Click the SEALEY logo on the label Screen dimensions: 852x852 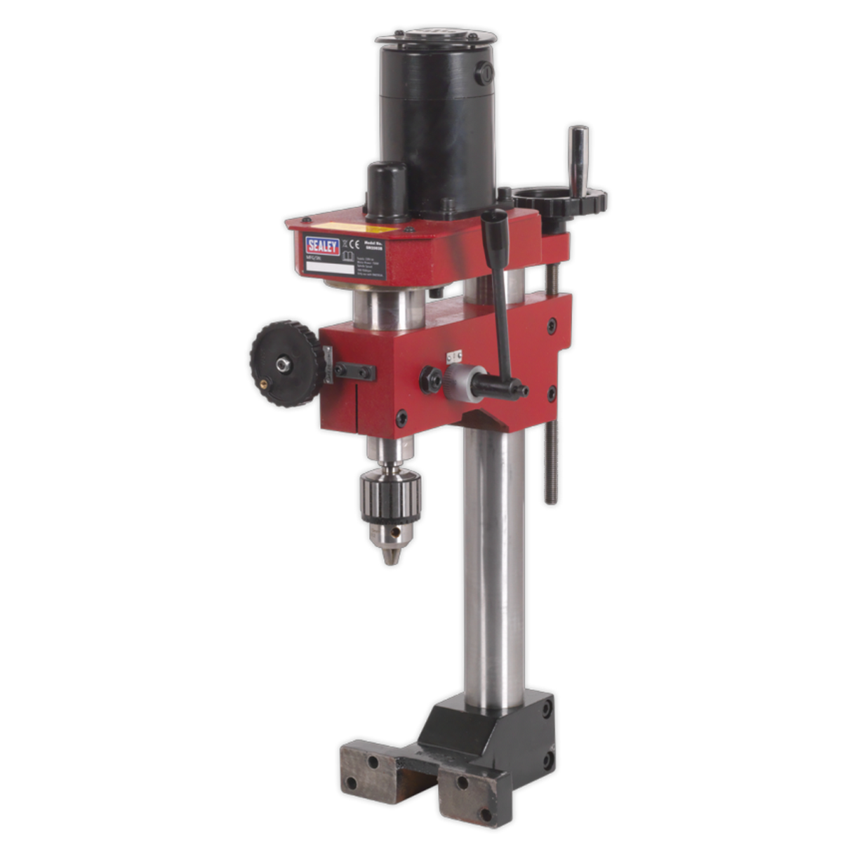click(x=322, y=246)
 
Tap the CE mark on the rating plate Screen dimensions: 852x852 click(x=353, y=245)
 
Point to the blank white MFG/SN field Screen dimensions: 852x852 click(x=330, y=267)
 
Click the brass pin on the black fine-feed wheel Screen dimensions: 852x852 click(x=265, y=383)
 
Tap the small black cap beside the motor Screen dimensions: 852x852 click(x=387, y=189)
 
